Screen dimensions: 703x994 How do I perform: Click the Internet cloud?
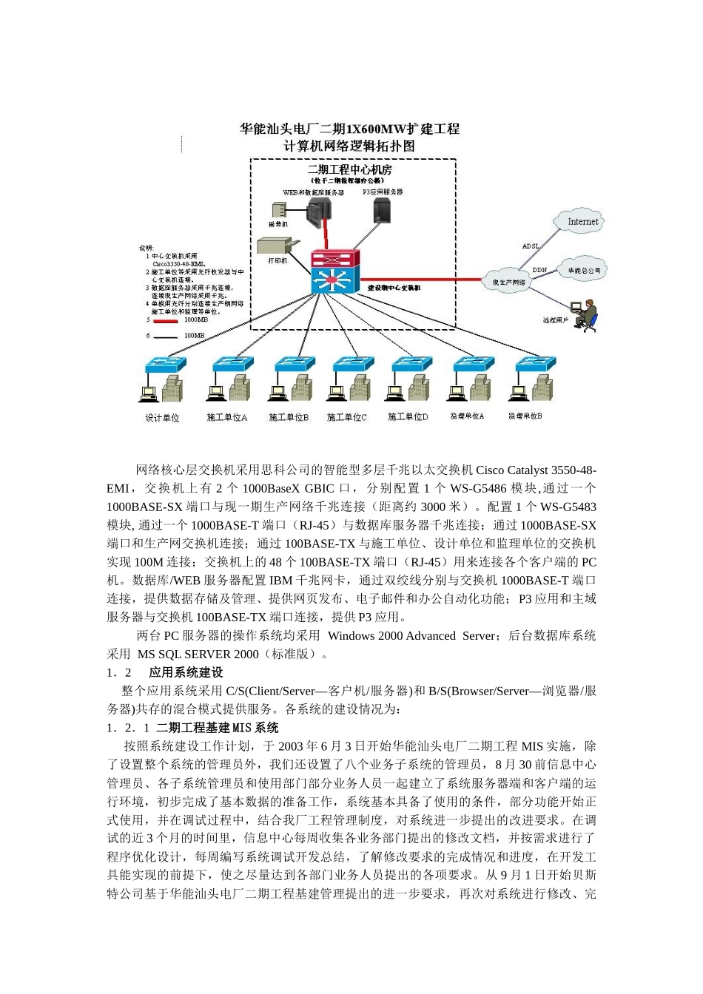pyautogui.click(x=582, y=221)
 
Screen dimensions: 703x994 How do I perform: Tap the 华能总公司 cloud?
pyautogui.click(x=584, y=271)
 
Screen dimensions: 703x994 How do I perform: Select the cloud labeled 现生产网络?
pyautogui.click(x=509, y=282)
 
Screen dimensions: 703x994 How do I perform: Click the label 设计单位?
pyautogui.click(x=162, y=418)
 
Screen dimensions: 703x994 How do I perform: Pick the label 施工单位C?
pyautogui.click(x=347, y=418)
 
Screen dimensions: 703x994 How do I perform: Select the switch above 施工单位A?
pyautogui.click(x=232, y=365)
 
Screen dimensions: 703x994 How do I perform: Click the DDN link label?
pyautogui.click(x=539, y=270)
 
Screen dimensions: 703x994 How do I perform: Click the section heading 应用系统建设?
pyautogui.click(x=186, y=672)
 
